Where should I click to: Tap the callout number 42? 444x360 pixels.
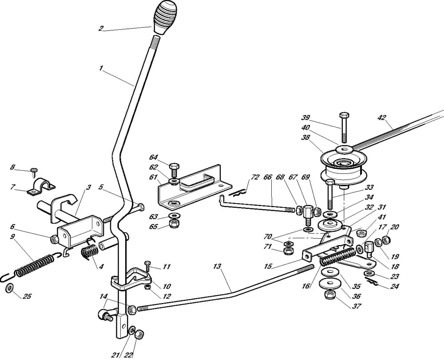coord(382,118)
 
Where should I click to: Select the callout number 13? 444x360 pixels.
coord(217,267)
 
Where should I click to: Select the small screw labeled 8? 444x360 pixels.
coord(35,171)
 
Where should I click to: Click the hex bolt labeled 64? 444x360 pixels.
coord(174,169)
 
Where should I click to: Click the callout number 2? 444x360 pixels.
coord(101,28)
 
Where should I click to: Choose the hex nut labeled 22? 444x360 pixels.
coord(139,334)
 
